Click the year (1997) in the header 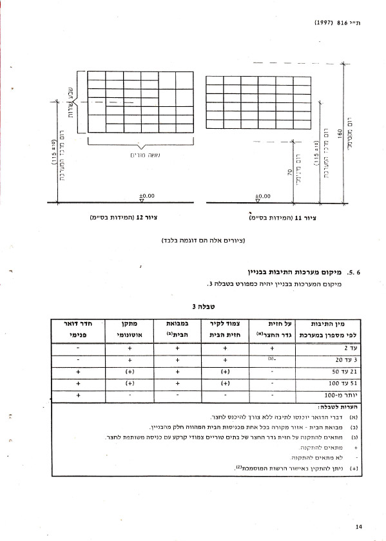tap(324, 22)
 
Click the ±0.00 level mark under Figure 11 tap(262, 195)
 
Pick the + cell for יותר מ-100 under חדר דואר tap(77, 396)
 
